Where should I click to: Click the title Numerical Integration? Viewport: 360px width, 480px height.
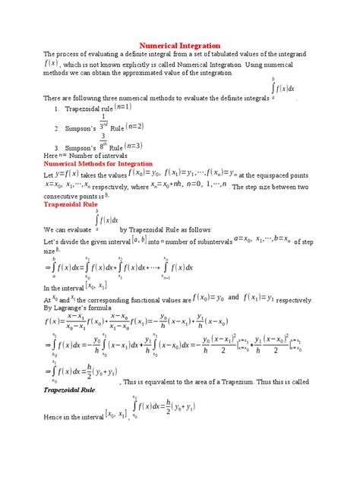point(181,46)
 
